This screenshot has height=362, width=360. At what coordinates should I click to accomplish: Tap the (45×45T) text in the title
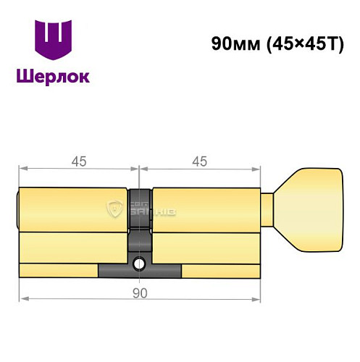click(x=297, y=43)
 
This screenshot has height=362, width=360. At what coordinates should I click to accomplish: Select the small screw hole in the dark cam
click(x=138, y=264)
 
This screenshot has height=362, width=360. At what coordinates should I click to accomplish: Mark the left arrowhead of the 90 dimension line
click(x=22, y=298)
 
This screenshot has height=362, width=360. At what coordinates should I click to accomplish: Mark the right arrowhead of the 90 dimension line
click(x=256, y=298)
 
